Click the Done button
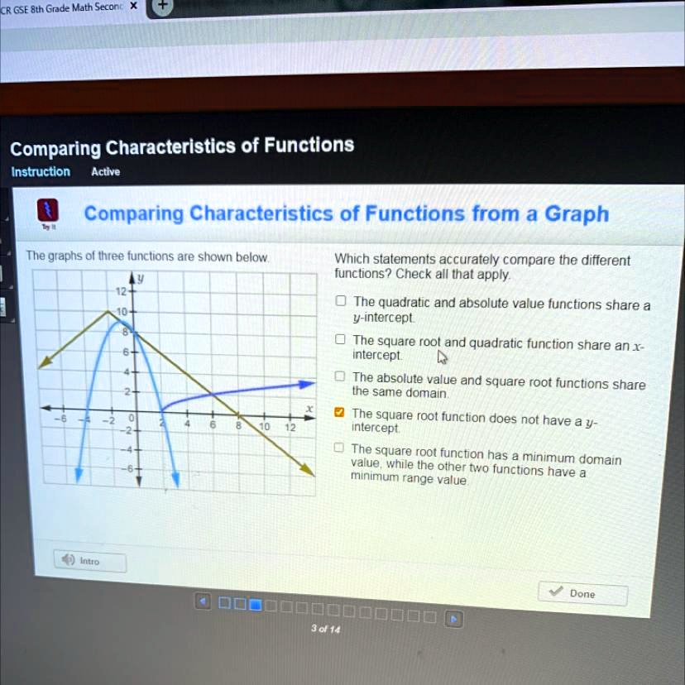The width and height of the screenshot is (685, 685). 582,593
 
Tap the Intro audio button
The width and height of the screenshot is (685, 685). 90,561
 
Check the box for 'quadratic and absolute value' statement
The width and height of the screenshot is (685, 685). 341,300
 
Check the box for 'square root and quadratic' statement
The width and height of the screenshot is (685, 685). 340,339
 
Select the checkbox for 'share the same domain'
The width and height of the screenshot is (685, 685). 340,376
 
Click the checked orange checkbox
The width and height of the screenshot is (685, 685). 339,412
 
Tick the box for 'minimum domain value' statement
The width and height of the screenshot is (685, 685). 338,448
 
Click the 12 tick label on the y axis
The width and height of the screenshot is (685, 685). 121,291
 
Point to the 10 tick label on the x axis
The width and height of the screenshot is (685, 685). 264,426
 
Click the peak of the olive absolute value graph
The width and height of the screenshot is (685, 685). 108,311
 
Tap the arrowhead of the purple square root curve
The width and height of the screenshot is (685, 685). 307,385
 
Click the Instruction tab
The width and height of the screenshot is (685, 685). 41,172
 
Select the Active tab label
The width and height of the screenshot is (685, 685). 106,172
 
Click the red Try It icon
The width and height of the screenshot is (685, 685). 48,210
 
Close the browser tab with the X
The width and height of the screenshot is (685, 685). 134,6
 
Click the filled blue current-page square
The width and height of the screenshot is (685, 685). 255,605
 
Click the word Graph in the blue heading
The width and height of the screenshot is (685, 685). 577,214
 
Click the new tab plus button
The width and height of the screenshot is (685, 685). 162,5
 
